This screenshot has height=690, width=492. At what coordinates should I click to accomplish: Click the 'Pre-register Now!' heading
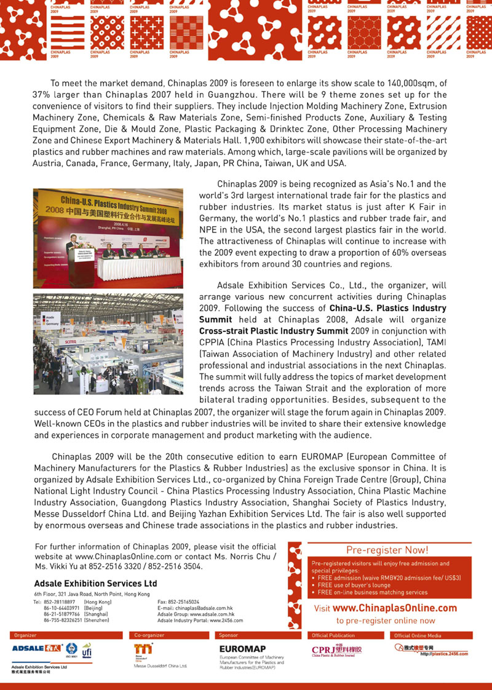click(x=387, y=550)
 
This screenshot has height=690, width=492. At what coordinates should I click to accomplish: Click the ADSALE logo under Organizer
click(x=36, y=648)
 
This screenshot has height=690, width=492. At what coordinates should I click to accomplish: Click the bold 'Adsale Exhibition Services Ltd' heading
click(x=96, y=583)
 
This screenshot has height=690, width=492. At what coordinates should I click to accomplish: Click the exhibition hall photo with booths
click(x=108, y=344)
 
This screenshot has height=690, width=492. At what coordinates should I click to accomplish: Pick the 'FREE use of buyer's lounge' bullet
click(x=354, y=585)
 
